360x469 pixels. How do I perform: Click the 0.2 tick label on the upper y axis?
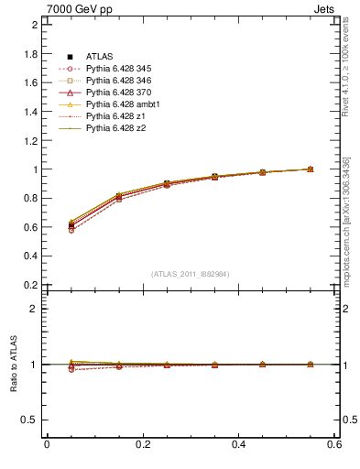tap(30, 285)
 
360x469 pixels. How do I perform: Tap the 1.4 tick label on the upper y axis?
tap(30, 111)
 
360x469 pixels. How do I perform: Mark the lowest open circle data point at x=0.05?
tap(71, 230)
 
